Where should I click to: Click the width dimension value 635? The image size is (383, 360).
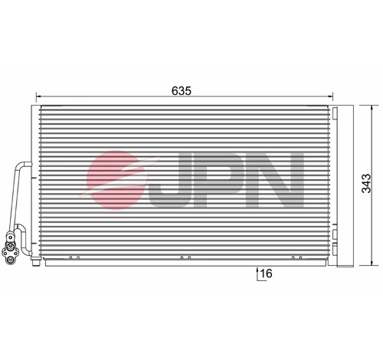pyautogui.click(x=180, y=89)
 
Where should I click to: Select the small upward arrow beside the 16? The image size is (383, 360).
pyautogui.click(x=256, y=271)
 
